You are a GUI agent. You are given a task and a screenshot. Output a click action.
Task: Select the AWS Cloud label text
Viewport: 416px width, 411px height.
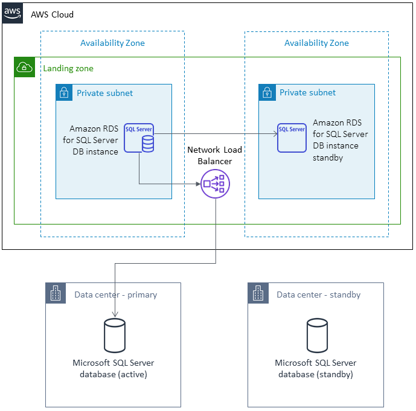52,14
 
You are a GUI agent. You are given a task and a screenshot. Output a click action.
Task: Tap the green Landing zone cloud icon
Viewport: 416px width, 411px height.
25,68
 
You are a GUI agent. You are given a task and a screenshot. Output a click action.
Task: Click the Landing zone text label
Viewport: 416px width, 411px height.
68,69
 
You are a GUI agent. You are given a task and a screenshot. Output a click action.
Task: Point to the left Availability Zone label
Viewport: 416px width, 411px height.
112,43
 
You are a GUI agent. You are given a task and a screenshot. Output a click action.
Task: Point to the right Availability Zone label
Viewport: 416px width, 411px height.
316,43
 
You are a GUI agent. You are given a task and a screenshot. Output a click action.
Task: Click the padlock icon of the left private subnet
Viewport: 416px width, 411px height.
64,93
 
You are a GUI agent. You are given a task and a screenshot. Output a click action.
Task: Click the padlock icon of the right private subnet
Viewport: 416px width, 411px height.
267,93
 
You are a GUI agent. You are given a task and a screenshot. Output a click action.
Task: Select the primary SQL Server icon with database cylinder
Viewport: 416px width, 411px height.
139,138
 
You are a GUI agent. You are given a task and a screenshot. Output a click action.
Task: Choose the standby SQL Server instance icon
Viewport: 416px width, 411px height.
292,138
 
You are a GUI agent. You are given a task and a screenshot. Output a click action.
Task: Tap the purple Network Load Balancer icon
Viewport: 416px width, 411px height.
216,183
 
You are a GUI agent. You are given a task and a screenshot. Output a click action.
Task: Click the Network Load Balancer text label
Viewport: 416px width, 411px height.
210,155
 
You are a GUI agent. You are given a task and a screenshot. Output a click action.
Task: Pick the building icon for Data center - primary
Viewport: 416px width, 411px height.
55,294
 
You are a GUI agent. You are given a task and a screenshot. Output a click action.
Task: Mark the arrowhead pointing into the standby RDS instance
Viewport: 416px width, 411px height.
274,133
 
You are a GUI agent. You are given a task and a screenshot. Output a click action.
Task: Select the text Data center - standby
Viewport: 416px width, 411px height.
318,295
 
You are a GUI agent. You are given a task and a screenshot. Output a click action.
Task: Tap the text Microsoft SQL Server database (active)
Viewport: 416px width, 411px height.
114,368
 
